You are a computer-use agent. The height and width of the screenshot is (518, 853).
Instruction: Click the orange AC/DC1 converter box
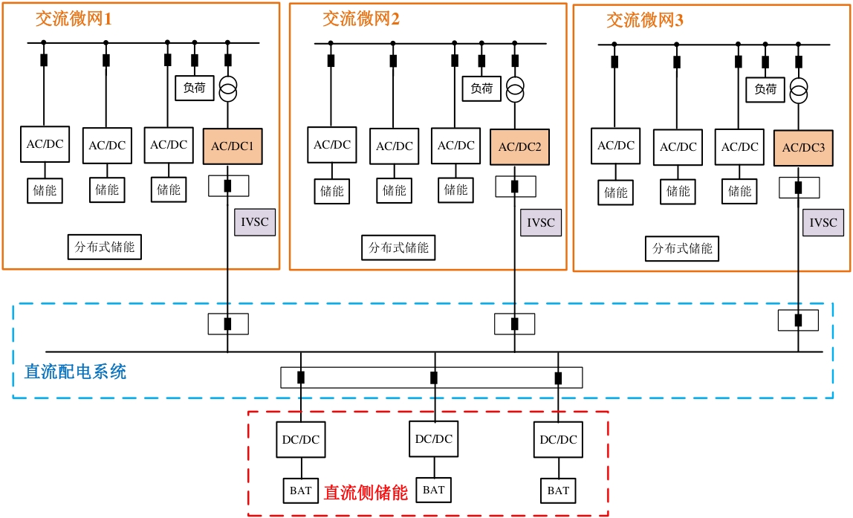click(x=233, y=146)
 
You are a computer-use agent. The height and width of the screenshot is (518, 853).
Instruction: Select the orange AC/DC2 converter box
click(x=519, y=147)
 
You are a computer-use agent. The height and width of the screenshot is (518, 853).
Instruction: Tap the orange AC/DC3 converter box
click(x=803, y=148)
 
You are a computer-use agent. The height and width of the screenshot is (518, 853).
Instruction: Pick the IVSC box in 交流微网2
click(x=541, y=222)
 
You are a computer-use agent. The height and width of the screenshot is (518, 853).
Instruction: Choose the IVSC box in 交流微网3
click(x=823, y=222)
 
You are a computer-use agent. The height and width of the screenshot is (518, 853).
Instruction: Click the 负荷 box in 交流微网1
click(x=195, y=88)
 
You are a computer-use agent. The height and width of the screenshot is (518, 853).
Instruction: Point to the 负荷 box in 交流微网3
click(x=765, y=89)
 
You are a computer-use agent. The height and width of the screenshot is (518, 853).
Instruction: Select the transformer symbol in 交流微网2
click(x=514, y=91)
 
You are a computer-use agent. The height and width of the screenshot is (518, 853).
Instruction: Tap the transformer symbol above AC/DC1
click(x=227, y=91)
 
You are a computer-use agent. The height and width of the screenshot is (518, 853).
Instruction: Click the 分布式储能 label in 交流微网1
click(x=105, y=247)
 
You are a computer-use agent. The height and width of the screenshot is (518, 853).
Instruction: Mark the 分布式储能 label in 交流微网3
click(x=682, y=248)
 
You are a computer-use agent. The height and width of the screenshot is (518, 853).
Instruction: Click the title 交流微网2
click(x=361, y=19)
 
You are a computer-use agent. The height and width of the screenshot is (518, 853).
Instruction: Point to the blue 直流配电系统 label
click(x=75, y=372)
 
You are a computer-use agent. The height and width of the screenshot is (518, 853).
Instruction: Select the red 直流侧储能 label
click(x=366, y=492)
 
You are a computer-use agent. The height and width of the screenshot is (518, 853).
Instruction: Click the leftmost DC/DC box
click(x=301, y=439)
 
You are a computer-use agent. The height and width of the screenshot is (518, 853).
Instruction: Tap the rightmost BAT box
click(x=558, y=491)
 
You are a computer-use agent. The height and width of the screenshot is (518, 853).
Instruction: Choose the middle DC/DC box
click(x=434, y=438)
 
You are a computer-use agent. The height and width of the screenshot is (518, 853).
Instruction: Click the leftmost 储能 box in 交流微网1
click(x=45, y=190)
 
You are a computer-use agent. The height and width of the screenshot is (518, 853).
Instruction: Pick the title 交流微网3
click(x=645, y=21)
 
